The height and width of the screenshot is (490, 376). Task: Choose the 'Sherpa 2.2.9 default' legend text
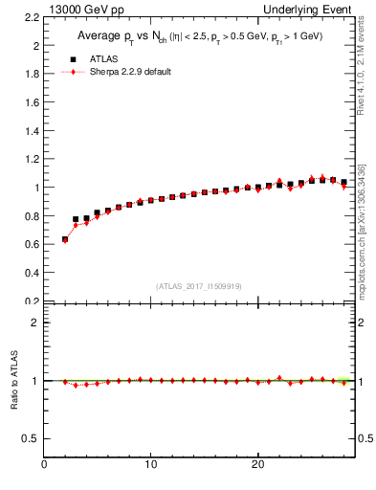pos(129,72)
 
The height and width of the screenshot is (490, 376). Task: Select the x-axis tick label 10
pos(151,464)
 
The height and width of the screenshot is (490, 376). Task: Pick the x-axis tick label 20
pos(257,464)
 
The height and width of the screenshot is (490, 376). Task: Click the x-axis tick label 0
pos(45,464)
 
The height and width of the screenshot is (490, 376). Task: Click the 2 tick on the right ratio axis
pos(363,323)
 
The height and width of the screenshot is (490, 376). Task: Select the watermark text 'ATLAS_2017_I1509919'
pos(199,285)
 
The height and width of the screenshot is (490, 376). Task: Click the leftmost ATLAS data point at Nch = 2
pos(65,239)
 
